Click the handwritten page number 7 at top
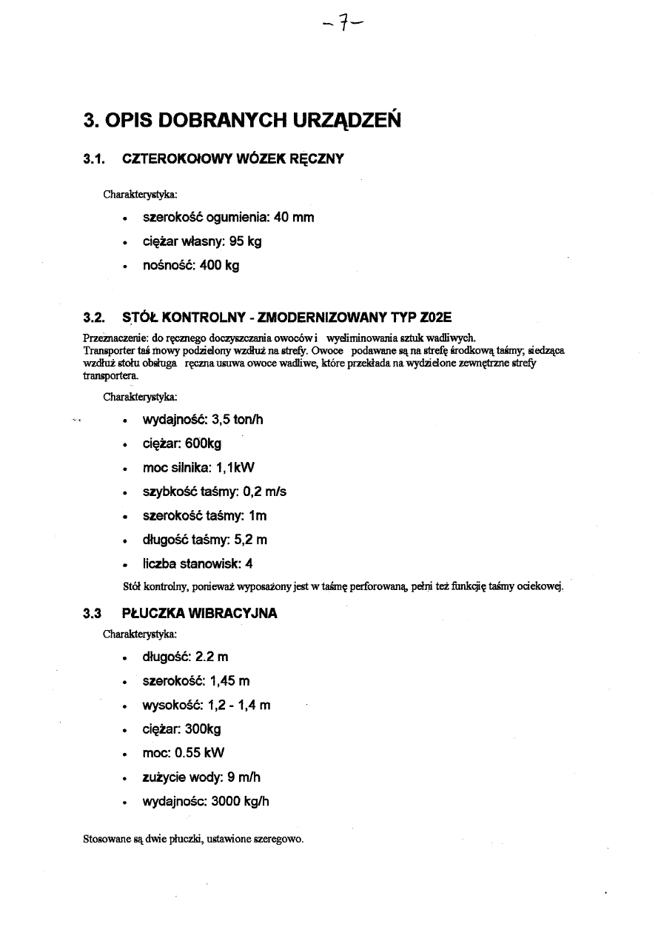341,29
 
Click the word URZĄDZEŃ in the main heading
336,120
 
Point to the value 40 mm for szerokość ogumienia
294,218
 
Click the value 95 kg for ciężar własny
245,242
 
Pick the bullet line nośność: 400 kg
191,265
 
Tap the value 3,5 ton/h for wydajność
238,420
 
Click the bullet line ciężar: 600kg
182,443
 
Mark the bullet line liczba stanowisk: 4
198,563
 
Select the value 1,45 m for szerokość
230,681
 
